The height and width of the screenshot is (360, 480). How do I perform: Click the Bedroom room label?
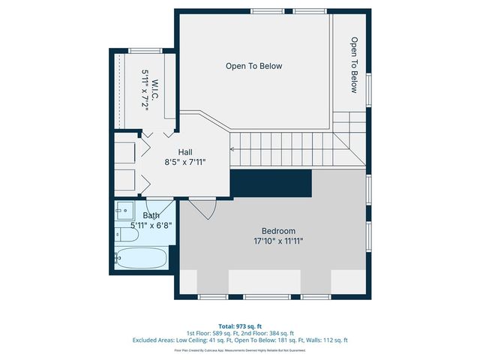(278, 231)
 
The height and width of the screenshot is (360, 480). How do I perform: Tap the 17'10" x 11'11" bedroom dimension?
(278, 241)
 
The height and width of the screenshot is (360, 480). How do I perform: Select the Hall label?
(185, 152)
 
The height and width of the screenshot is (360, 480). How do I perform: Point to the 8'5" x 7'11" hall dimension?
(185, 162)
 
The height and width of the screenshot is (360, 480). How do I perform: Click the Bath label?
(151, 216)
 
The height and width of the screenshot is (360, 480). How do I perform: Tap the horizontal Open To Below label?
(254, 66)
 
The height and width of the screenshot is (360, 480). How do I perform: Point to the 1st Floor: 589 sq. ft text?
(213, 332)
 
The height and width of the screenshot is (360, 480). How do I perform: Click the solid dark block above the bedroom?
(270, 183)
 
